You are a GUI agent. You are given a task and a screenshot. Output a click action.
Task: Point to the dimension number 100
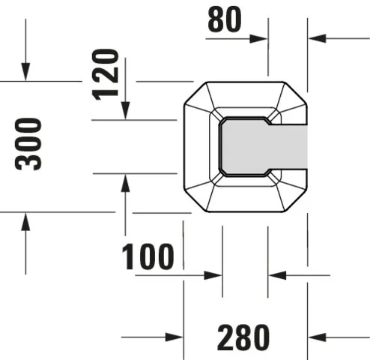[148, 257]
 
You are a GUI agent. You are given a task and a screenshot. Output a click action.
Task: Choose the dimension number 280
[243, 337]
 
